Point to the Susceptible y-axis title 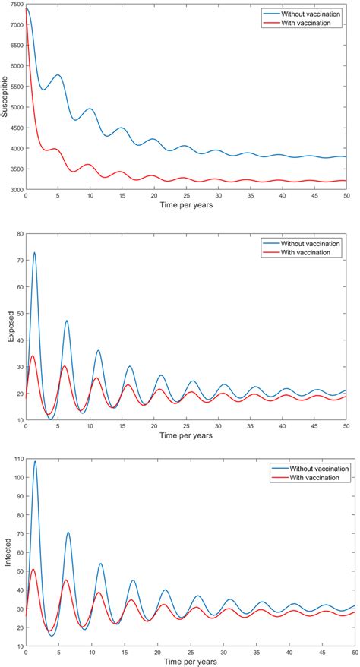pyautogui.click(x=5, y=99)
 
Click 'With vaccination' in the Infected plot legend pyautogui.click(x=312, y=479)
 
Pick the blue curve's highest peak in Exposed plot pyautogui.click(x=34, y=253)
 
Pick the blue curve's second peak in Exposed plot pyautogui.click(x=67, y=321)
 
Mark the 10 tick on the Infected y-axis pyautogui.click(x=17, y=646)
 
